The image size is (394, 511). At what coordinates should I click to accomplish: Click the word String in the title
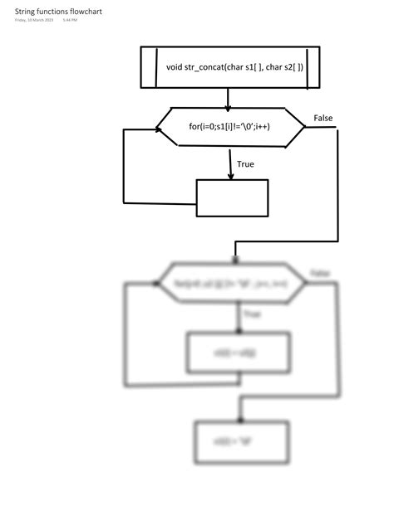[x=24, y=12]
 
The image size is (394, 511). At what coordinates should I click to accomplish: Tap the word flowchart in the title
[x=84, y=12]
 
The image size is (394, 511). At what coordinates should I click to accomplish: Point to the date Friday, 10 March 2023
[x=34, y=21]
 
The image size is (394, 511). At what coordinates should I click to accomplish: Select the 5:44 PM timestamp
[x=70, y=21]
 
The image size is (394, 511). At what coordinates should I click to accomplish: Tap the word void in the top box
[x=174, y=66]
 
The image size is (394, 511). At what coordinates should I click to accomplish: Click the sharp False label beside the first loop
[x=323, y=119]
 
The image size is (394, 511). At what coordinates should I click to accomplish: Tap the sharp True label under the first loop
[x=245, y=164]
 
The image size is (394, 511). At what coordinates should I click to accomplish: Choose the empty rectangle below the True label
[x=232, y=198]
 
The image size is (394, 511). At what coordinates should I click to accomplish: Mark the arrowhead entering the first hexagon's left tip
[x=158, y=128]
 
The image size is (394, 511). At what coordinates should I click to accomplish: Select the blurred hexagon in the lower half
[x=232, y=283]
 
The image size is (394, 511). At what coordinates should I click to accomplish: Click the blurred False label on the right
[x=319, y=273]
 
